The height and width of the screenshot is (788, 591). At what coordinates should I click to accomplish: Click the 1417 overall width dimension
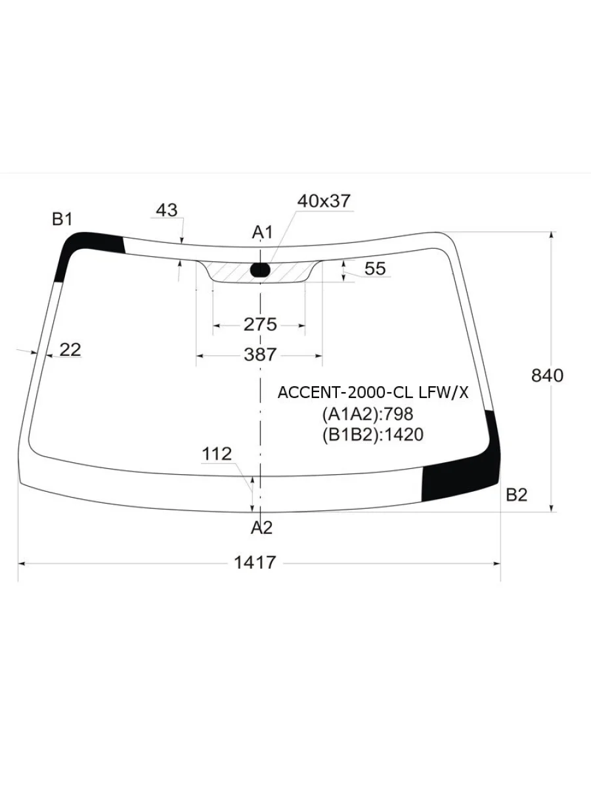pyautogui.click(x=255, y=562)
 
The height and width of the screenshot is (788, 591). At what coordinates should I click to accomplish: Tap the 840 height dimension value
pyautogui.click(x=547, y=376)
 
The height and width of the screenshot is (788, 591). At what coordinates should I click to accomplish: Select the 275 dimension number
pyautogui.click(x=260, y=324)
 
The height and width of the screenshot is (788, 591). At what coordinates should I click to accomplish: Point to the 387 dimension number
pyautogui.click(x=260, y=355)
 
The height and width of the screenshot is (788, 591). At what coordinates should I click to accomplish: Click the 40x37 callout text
pyautogui.click(x=323, y=201)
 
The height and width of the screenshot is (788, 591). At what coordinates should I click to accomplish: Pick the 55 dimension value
pyautogui.click(x=375, y=269)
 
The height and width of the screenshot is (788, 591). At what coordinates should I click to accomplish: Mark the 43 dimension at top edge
pyautogui.click(x=167, y=210)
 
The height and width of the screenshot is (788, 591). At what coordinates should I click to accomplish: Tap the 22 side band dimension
pyautogui.click(x=70, y=349)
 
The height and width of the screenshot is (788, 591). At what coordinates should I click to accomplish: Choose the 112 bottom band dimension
pyautogui.click(x=217, y=454)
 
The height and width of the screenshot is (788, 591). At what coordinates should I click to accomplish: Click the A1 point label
pyautogui.click(x=262, y=232)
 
